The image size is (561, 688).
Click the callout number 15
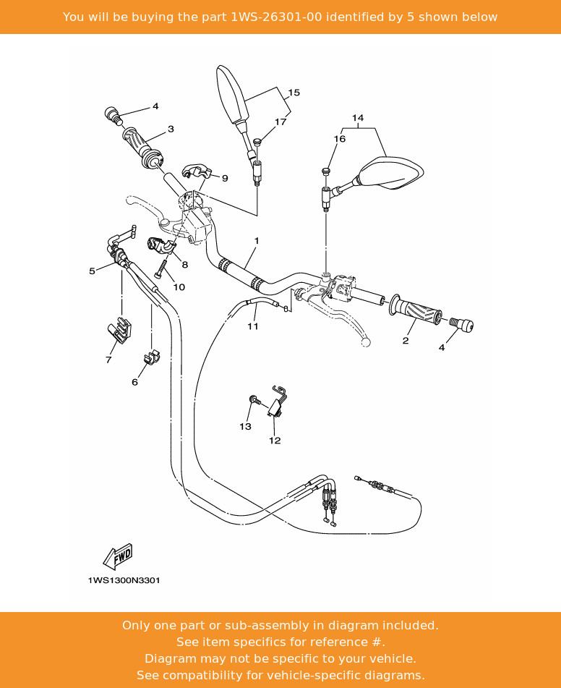294,93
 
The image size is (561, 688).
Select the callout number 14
358,117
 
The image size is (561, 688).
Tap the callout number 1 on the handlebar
256,240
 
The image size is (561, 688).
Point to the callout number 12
275,440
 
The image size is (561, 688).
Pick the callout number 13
245,426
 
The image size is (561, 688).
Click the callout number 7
108,360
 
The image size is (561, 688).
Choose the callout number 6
134,382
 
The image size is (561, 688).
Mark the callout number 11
252,326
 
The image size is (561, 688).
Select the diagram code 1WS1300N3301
124,580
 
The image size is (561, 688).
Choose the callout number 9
225,178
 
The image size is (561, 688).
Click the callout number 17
280,122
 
